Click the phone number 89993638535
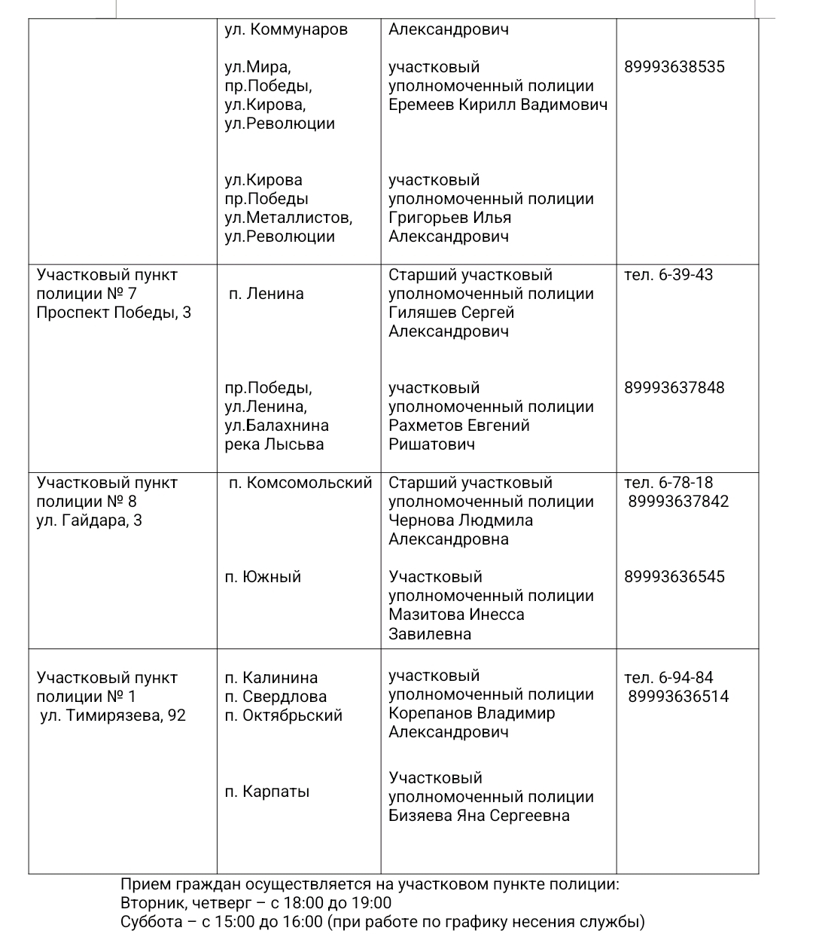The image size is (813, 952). tap(674, 67)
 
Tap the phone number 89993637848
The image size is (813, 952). tap(674, 388)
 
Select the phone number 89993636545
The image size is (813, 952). tap(674, 577)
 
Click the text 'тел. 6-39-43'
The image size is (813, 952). tap(668, 275)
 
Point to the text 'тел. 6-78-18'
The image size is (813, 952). tap(668, 483)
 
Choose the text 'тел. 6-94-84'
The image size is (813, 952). tap(668, 677)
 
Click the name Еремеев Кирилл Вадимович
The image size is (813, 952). tap(498, 105)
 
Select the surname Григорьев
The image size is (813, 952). tap(428, 218)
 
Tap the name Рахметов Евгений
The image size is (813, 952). tap(458, 426)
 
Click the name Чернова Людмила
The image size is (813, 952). tap(460, 520)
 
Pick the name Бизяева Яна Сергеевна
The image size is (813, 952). tap(479, 816)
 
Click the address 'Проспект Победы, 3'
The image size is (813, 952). tap(114, 313)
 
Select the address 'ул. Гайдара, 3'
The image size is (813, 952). tap(89, 520)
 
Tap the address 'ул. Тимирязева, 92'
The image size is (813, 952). tap(113, 716)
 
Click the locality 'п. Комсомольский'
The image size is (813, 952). tap(300, 483)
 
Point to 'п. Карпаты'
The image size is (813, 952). tap(267, 792)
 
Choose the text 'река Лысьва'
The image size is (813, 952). tap(274, 444)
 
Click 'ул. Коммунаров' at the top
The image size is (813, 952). tap(286, 29)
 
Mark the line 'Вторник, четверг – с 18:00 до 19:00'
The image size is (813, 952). tap(256, 903)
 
